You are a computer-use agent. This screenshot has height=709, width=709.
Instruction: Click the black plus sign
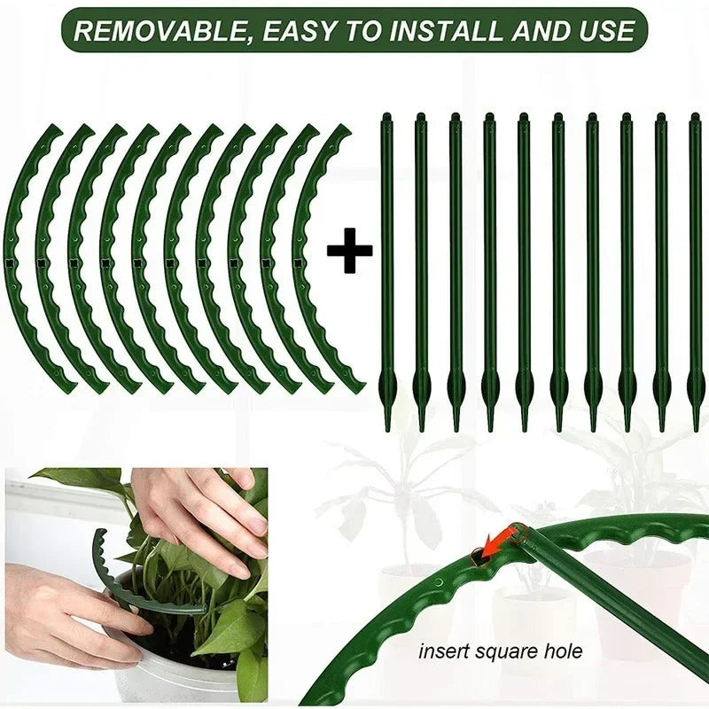pos(349,254)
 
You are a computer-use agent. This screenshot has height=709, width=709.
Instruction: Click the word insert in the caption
pos(442,652)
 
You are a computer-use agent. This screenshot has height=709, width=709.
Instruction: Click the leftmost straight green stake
pos(387,266)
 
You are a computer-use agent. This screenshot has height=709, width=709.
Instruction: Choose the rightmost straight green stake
pos(695,266)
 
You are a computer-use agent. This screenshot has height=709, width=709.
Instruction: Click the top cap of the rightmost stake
pos(695,118)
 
